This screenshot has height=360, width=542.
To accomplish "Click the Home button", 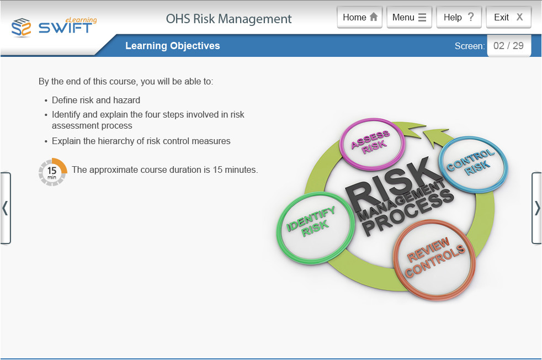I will coord(360,17).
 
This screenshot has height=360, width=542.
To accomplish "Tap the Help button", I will coord(459,17).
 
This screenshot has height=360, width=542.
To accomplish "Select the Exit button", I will coord(508,17).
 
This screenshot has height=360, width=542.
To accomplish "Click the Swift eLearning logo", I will coord(54,27).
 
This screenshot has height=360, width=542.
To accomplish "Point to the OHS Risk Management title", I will coord(229,19).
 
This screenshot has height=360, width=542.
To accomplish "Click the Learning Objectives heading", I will coord(172,46).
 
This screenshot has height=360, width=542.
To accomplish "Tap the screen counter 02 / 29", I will coord(508,46).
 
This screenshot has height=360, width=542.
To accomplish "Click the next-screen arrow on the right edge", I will coord(536,208).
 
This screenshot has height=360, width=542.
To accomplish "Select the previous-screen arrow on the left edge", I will coord(5,208).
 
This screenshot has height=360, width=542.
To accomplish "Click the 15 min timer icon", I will coord(52,171).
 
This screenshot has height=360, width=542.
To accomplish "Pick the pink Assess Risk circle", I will coord(371,141).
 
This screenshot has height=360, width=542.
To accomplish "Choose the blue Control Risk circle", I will coord(472,164).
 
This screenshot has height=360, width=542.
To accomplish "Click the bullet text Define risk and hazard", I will coord(96,100).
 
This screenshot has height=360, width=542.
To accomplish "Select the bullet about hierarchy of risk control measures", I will coord(141,141).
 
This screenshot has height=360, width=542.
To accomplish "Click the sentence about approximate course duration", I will coord(164,170).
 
